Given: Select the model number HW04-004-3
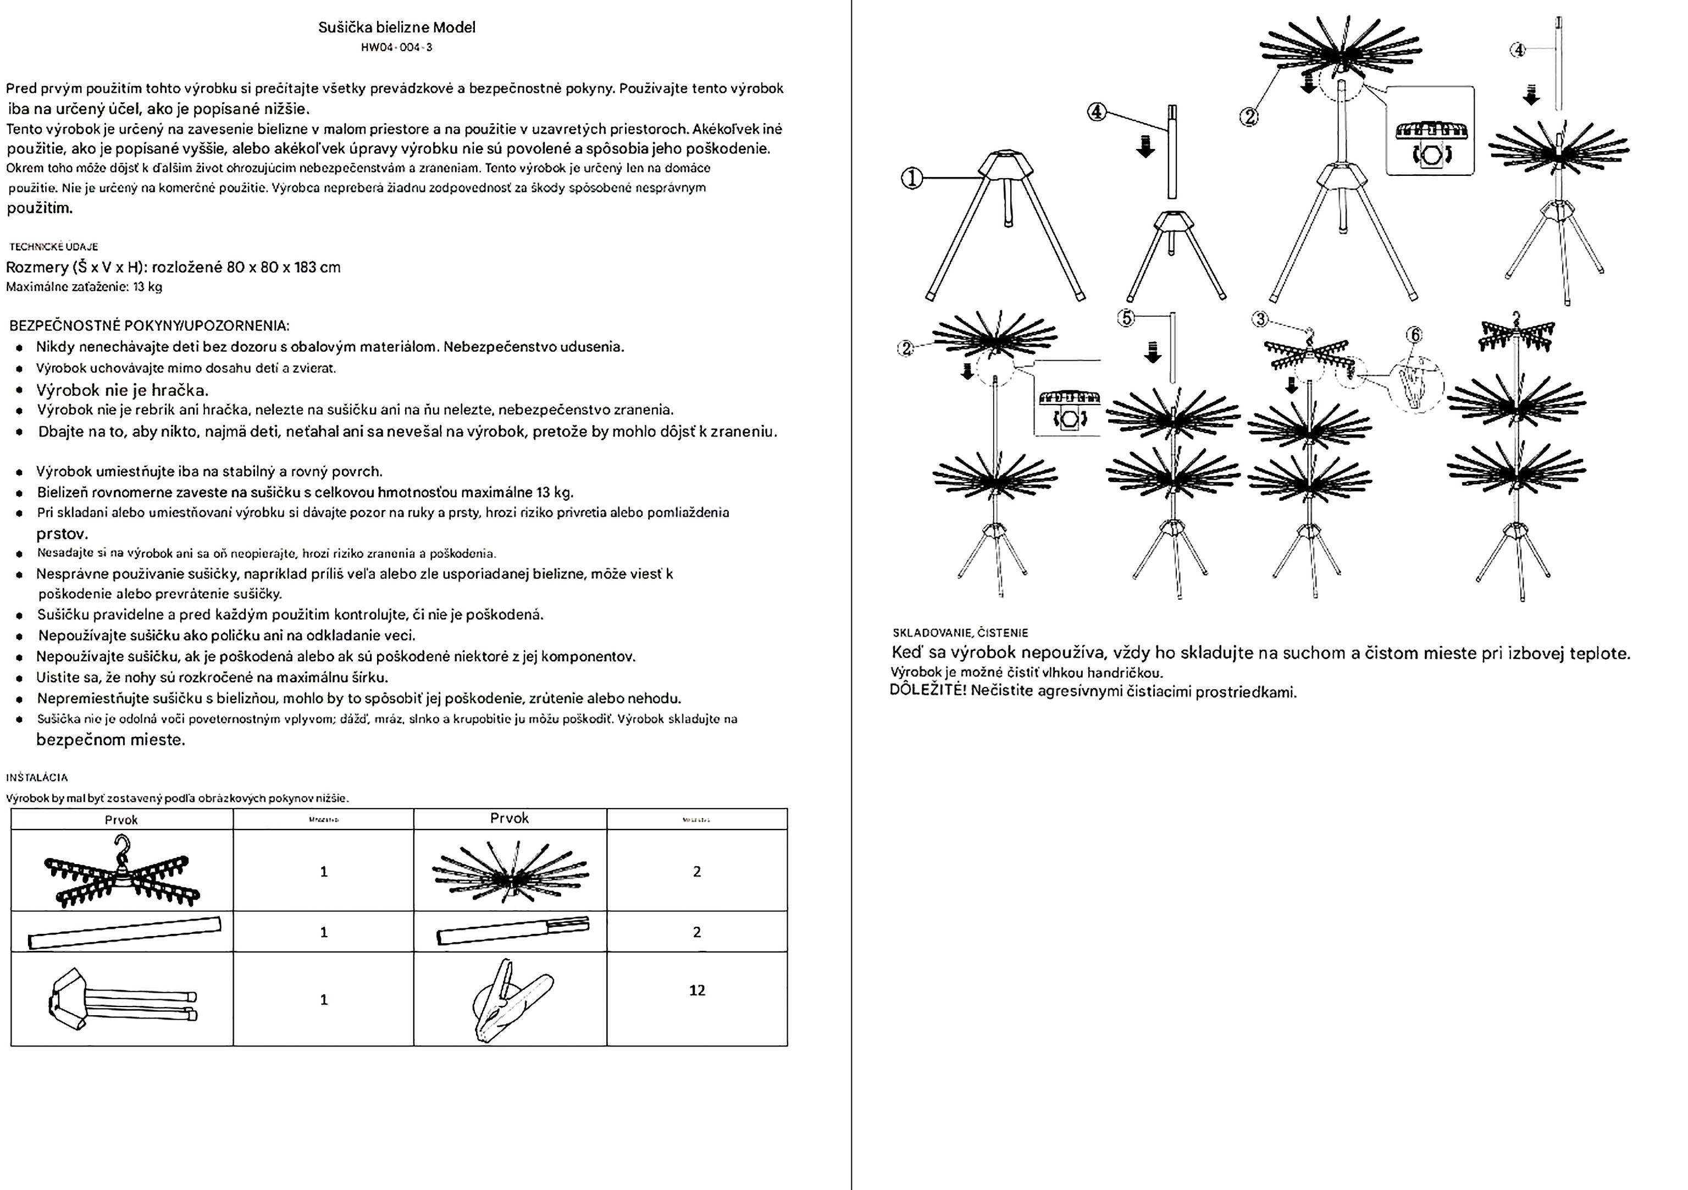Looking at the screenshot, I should coord(396,48).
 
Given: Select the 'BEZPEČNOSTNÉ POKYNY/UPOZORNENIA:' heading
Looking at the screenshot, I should coord(150,325).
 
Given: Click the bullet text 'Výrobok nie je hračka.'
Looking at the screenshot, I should coord(122,390).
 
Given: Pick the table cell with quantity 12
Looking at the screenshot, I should coord(696,990).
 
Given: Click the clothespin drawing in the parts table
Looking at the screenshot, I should coord(510,1000).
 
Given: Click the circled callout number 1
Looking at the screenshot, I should coord(912,178).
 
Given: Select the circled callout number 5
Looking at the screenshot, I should coord(1126,318).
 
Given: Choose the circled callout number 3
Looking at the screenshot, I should coord(1260,319).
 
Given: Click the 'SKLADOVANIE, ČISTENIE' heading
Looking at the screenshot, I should coord(959,633).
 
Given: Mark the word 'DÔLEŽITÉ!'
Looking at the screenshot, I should coord(927,690).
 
